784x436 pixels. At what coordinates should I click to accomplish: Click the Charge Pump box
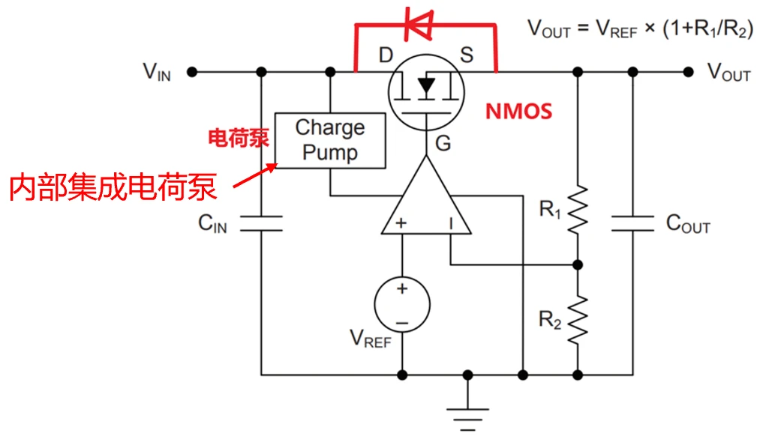click(x=330, y=140)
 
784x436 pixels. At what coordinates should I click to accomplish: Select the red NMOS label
click(x=518, y=112)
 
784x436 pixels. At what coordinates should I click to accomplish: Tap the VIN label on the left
click(x=157, y=72)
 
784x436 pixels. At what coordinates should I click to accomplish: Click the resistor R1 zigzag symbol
click(x=578, y=210)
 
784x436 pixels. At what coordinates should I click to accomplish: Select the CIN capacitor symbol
click(x=261, y=222)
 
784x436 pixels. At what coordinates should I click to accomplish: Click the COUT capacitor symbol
click(x=632, y=222)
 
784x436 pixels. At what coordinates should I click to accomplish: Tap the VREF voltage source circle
click(x=402, y=305)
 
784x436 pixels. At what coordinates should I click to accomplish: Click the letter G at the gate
click(x=443, y=142)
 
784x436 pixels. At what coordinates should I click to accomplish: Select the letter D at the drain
click(x=386, y=55)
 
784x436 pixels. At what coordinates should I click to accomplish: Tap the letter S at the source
click(x=467, y=55)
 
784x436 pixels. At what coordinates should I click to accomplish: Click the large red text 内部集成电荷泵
click(x=113, y=187)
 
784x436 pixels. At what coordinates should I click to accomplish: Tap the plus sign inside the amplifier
click(x=401, y=222)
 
